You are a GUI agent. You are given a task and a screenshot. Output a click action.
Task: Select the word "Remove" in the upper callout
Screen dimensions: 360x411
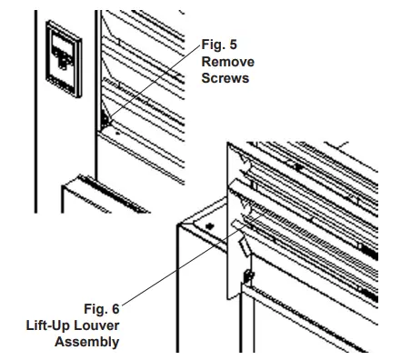(x=227, y=61)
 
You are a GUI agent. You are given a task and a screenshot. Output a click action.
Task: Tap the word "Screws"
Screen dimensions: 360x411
(x=226, y=77)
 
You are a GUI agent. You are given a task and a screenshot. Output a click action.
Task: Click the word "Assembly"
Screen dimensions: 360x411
(x=87, y=342)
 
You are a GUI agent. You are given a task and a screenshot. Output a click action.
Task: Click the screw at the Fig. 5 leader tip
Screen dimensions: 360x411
(x=107, y=119)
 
